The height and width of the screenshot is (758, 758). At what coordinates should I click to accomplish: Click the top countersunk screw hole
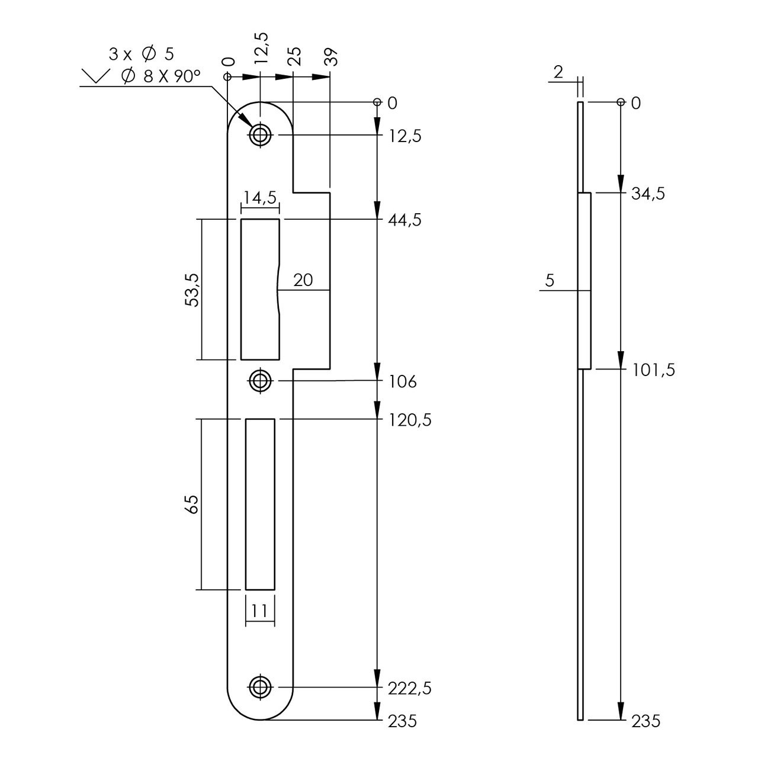point(259,135)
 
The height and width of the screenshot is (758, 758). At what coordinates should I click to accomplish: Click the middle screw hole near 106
point(259,381)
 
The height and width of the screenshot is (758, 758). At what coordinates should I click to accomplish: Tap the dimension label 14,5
point(260,198)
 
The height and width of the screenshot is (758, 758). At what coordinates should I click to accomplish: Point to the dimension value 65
point(191,505)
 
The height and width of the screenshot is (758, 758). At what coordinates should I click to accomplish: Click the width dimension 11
point(260,610)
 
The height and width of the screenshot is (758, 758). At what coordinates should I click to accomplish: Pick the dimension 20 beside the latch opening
point(303,280)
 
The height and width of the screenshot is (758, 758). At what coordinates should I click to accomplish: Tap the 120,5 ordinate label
point(409,420)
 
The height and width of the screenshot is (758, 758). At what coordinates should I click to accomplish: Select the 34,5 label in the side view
point(648,194)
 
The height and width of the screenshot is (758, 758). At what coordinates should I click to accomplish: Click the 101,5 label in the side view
point(653,370)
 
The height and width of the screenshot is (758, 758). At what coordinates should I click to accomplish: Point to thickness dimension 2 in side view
point(558,72)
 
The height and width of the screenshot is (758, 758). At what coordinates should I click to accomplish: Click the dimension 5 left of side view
point(550,281)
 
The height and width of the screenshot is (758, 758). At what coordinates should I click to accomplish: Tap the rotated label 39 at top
point(332,57)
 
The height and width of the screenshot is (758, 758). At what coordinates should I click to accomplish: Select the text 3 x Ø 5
point(141,54)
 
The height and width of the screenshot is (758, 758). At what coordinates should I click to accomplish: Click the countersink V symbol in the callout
point(95,76)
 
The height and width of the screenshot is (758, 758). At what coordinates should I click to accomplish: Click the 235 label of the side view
point(645,721)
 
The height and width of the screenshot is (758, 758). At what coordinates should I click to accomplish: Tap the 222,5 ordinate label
point(409,688)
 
